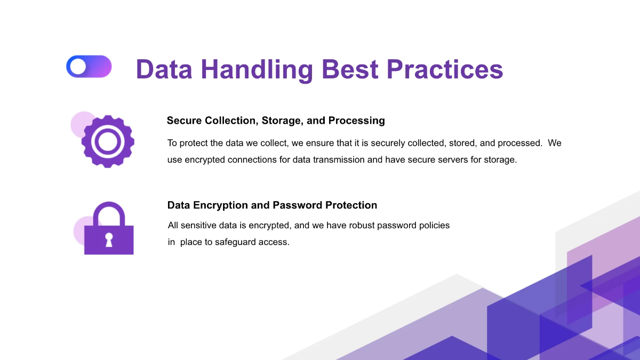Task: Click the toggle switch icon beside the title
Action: (x=89, y=67)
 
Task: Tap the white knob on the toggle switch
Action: (x=78, y=67)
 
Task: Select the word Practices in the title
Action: (x=444, y=70)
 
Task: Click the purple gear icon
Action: (x=108, y=141)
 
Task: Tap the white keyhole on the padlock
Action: (x=109, y=239)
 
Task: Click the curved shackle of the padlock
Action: (x=109, y=213)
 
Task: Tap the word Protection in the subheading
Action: (x=352, y=205)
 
